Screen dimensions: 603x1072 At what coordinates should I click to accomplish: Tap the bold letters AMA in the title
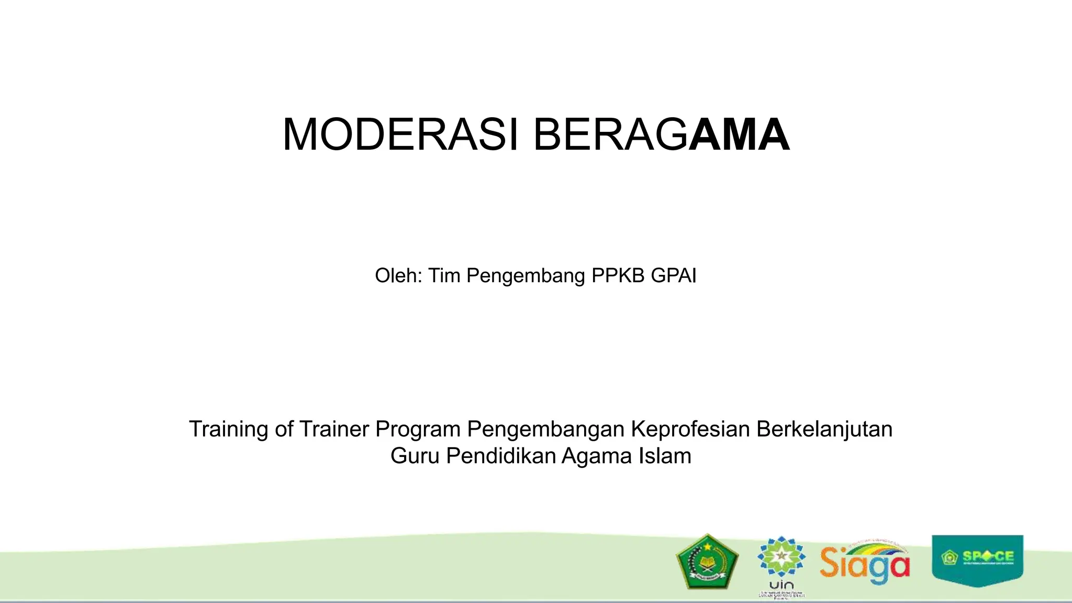(x=739, y=135)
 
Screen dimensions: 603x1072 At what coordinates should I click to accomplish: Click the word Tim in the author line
(x=444, y=275)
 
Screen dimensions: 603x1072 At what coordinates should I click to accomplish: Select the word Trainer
(x=334, y=429)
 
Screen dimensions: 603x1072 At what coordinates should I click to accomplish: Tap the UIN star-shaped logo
(x=781, y=558)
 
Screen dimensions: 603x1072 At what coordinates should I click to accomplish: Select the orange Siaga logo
(x=865, y=563)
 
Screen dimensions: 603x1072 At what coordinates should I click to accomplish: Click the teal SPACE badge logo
(x=977, y=559)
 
